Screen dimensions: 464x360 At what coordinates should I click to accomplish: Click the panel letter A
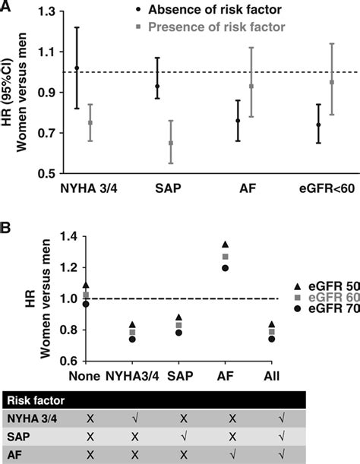[7, 6]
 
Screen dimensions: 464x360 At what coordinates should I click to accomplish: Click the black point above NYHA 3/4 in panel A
[77, 68]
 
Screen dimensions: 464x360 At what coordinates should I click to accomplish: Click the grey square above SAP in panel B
[157, 325]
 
